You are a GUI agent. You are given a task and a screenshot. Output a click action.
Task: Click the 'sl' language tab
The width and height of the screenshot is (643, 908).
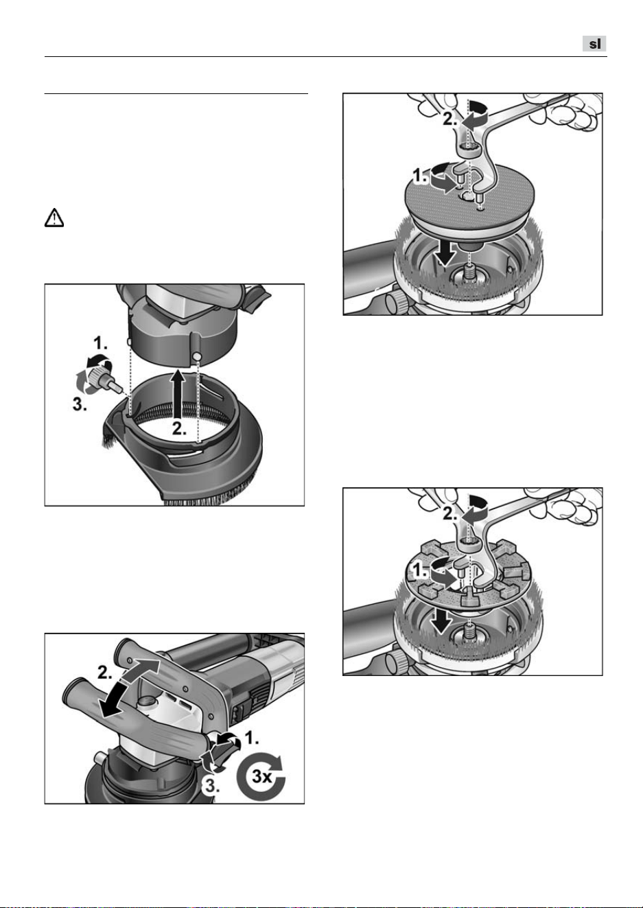point(594,44)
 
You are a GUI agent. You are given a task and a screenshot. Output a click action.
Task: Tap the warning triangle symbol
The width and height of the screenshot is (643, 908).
point(54,218)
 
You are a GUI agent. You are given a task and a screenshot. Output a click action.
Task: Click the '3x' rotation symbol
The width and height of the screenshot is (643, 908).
point(261,776)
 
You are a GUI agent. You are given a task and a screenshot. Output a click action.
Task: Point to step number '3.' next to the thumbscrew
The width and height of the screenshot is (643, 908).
point(80,404)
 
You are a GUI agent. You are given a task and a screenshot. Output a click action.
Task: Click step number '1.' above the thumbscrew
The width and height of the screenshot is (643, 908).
point(100,343)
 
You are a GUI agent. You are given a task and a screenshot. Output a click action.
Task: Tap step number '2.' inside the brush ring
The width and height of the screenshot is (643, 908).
point(179,428)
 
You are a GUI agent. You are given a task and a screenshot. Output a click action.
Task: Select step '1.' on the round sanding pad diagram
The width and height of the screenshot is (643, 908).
point(421,176)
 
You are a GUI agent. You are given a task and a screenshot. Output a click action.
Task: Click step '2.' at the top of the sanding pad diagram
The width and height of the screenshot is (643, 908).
point(450,119)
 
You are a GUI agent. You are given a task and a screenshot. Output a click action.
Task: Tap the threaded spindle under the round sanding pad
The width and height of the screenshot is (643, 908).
point(469,270)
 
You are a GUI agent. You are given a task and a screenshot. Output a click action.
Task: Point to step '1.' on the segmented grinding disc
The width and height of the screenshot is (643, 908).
point(419,571)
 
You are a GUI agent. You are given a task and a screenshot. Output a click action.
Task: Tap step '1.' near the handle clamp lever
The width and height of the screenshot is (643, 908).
point(252,738)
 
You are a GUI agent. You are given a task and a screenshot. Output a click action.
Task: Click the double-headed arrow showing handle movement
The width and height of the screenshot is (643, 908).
point(130,688)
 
